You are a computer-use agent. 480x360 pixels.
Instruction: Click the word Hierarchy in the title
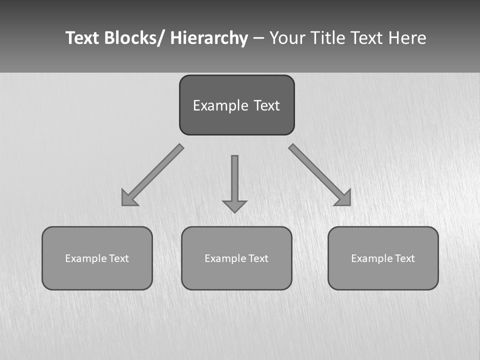tap(209, 38)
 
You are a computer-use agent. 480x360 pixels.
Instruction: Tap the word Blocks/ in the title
tap(135, 38)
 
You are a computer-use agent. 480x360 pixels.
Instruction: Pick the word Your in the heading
tap(287, 38)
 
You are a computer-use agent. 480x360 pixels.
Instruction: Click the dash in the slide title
tap(258, 38)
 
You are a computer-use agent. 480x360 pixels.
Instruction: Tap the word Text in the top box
tap(266, 105)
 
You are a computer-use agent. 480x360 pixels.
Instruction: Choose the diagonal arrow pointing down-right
tap(319, 174)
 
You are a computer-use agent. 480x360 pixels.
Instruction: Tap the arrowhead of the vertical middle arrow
tap(234, 206)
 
